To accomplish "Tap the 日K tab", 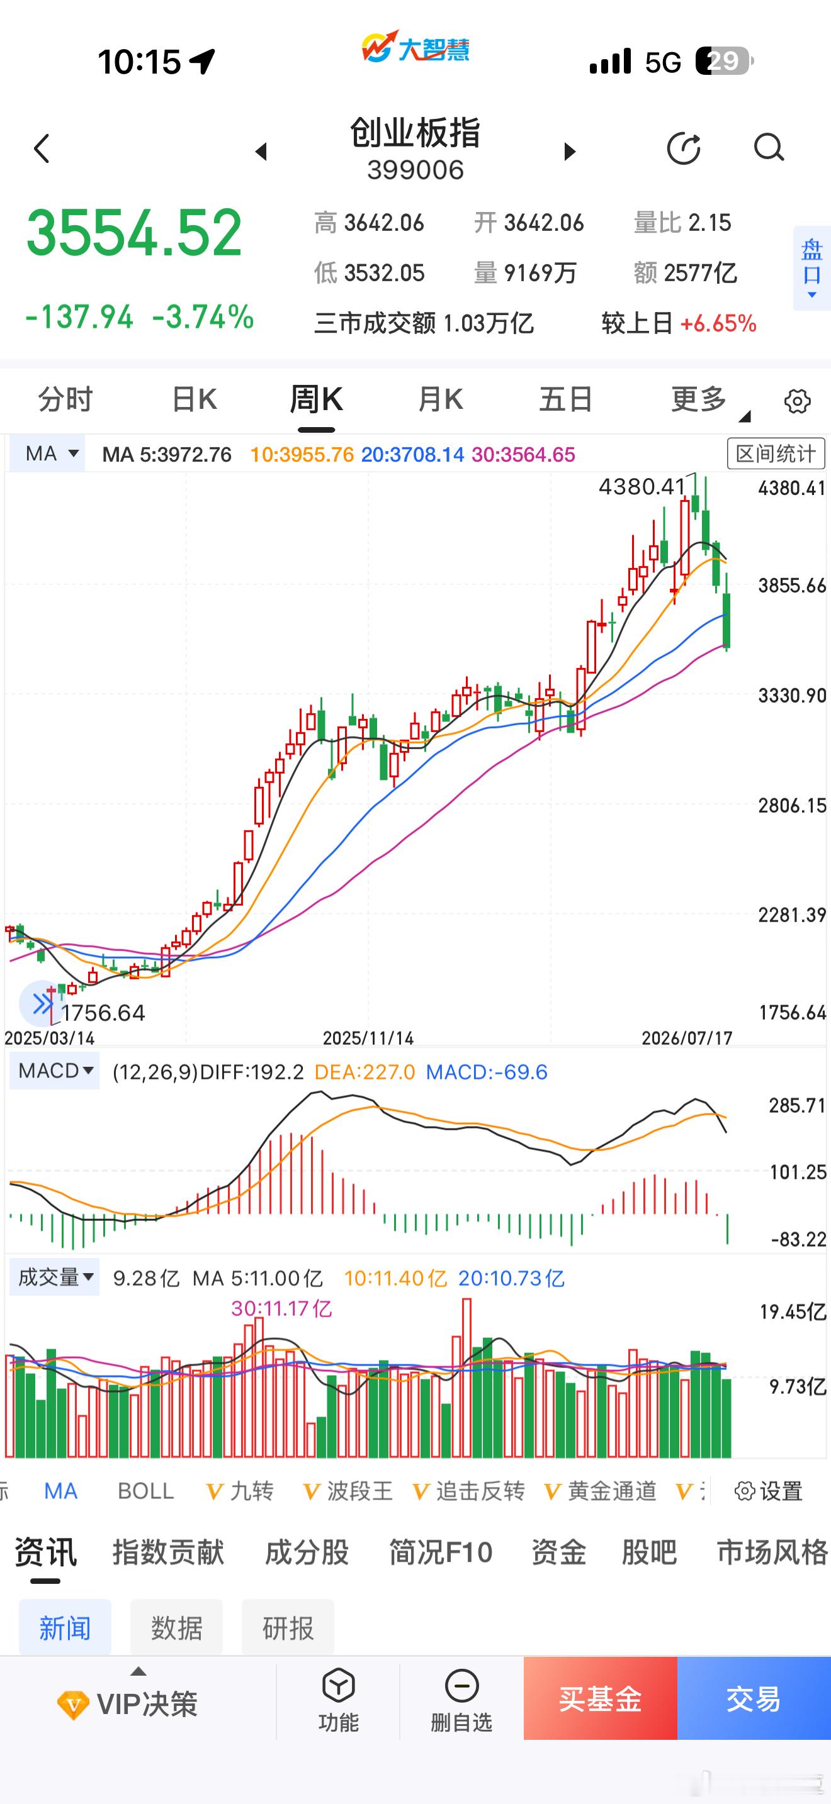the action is [x=194, y=400].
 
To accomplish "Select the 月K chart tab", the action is [x=440, y=400].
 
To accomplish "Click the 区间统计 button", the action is [x=776, y=454].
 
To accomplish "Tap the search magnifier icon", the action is [x=769, y=148].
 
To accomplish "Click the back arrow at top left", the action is [x=42, y=148].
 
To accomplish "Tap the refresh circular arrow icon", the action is [x=683, y=148].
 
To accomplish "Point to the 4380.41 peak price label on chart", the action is [x=642, y=486].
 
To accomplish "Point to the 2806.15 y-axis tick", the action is [x=792, y=805].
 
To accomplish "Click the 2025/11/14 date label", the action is [x=368, y=1038].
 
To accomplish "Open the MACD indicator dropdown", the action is [x=55, y=1071].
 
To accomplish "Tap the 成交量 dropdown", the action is [x=55, y=1278].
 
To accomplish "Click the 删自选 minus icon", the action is [x=461, y=1686].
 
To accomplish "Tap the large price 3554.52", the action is [x=135, y=233].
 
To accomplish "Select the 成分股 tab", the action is [x=307, y=1552].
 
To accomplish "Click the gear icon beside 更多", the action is [x=798, y=401].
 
